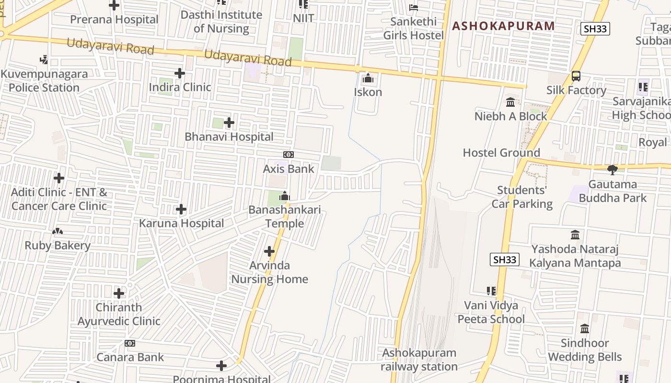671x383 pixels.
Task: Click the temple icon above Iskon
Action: (x=368, y=78)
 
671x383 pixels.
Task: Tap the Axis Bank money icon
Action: (x=289, y=155)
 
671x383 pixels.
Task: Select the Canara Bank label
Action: (x=130, y=357)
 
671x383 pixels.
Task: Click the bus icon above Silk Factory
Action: (x=576, y=76)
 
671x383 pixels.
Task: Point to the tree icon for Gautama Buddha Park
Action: (x=612, y=170)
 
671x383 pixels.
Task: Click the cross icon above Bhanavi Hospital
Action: (x=229, y=123)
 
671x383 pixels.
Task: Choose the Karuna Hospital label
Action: (x=181, y=223)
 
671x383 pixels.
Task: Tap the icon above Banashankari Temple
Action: (x=285, y=196)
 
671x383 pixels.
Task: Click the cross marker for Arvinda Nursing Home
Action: (x=269, y=251)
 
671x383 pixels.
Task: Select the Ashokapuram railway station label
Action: (x=419, y=360)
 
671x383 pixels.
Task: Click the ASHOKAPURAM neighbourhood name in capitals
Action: (x=503, y=26)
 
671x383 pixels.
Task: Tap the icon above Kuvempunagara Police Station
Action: (x=44, y=60)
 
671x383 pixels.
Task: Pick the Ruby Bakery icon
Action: (x=58, y=232)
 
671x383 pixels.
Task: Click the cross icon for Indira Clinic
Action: (x=180, y=73)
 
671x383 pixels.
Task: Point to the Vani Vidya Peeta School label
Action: (x=491, y=312)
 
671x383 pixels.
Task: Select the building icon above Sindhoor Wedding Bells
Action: (x=585, y=329)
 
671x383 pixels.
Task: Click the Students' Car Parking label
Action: (x=522, y=197)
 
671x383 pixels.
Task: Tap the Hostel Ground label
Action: (x=501, y=153)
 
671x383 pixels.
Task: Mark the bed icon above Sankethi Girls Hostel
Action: (x=414, y=7)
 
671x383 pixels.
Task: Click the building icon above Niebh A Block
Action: (x=510, y=102)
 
